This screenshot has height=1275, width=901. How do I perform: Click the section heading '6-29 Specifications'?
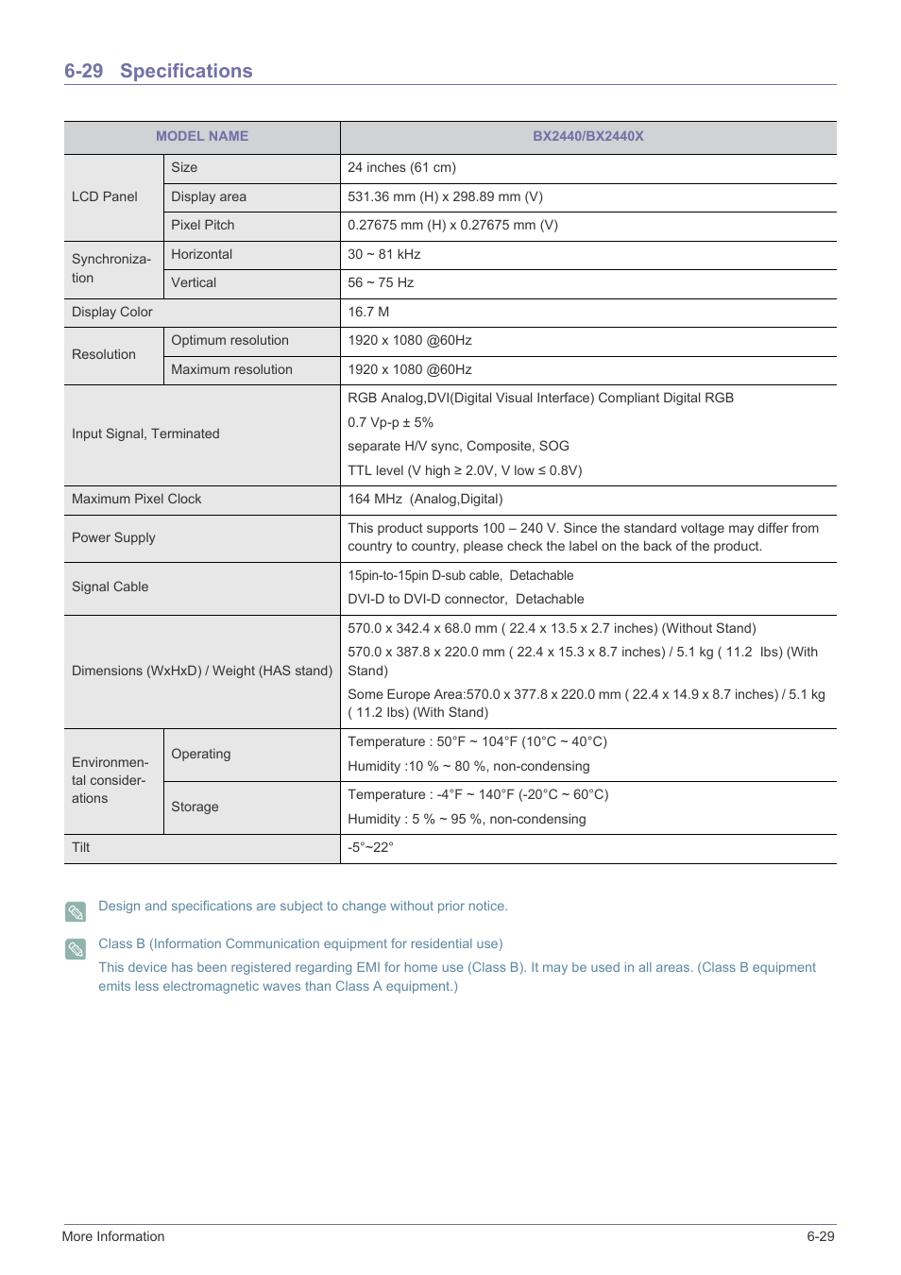tap(158, 71)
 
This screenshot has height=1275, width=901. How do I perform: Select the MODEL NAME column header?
tap(202, 136)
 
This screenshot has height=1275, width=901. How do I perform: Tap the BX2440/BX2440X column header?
tap(587, 136)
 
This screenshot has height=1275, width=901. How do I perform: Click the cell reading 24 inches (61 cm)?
tap(401, 167)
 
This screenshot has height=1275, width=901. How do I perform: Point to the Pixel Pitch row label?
tap(202, 225)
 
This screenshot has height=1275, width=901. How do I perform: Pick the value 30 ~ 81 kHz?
tap(383, 254)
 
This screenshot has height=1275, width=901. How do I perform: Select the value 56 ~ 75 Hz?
tap(381, 282)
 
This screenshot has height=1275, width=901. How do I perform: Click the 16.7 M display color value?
tap(368, 312)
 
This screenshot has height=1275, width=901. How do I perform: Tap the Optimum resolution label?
tap(229, 340)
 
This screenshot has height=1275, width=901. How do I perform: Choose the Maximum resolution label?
tap(231, 369)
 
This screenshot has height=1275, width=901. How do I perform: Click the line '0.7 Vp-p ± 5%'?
tap(390, 422)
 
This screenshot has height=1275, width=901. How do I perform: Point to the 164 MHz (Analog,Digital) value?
tap(425, 499)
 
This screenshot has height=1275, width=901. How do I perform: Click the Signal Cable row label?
tap(110, 586)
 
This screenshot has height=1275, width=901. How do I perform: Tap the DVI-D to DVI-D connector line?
tap(466, 599)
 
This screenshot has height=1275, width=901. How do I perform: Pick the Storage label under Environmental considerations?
tap(195, 807)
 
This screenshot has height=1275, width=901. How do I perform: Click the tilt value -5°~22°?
tap(370, 847)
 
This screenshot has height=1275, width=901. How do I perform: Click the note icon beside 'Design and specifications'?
tap(76, 911)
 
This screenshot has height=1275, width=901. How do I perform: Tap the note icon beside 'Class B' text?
tap(76, 948)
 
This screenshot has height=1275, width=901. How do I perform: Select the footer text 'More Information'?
tap(113, 1236)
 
